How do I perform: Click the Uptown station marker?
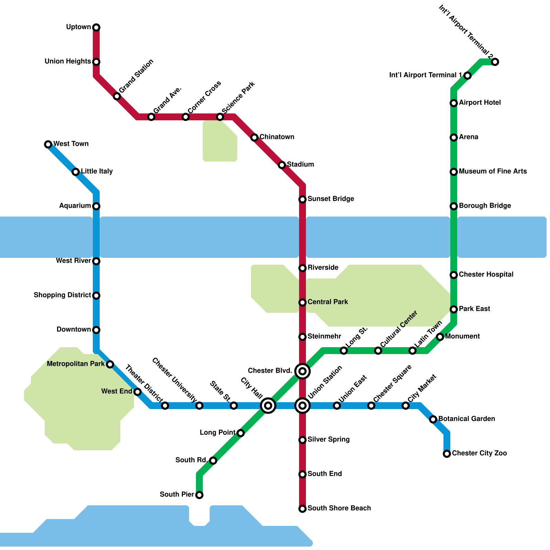pyautogui.click(x=96, y=27)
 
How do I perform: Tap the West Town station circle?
pyautogui.click(x=48, y=144)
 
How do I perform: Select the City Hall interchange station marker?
pyautogui.click(x=268, y=406)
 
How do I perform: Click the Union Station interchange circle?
pyautogui.click(x=302, y=406)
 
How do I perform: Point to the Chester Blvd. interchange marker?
pyautogui.click(x=302, y=371)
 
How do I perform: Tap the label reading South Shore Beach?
pyautogui.click(x=339, y=508)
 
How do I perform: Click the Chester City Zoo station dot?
pyautogui.click(x=447, y=454)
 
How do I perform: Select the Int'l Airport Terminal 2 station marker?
pyautogui.click(x=495, y=62)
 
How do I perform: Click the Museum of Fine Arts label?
pyautogui.click(x=493, y=171)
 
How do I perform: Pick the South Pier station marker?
pyautogui.click(x=199, y=495)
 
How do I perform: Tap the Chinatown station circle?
pyautogui.click(x=254, y=137)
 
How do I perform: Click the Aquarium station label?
pyautogui.click(x=75, y=206)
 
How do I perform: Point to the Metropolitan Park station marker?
pyautogui.click(x=110, y=364)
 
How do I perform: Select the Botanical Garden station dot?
pyautogui.click(x=433, y=419)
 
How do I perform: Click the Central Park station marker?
pyautogui.click(x=302, y=302)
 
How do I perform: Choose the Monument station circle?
pyautogui.click(x=440, y=337)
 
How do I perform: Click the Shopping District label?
pyautogui.click(x=62, y=295)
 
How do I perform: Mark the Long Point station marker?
pyautogui.click(x=241, y=433)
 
